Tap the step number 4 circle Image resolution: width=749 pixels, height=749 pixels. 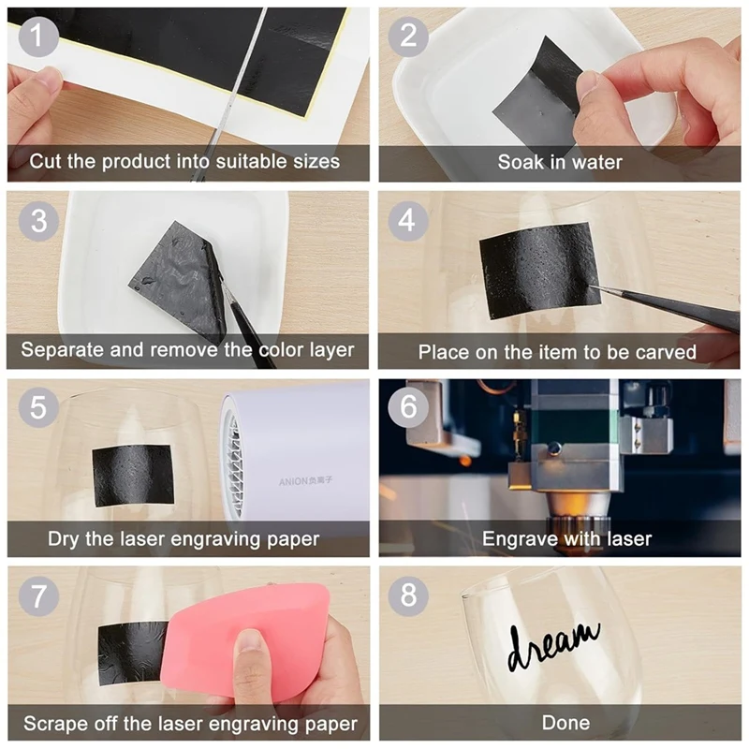(409, 221)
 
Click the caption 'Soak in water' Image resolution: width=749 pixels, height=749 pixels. (560, 162)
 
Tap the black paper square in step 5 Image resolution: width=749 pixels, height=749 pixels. (133, 474)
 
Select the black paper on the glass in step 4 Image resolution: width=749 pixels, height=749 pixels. (538, 269)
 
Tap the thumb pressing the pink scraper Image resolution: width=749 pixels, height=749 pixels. (250, 651)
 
